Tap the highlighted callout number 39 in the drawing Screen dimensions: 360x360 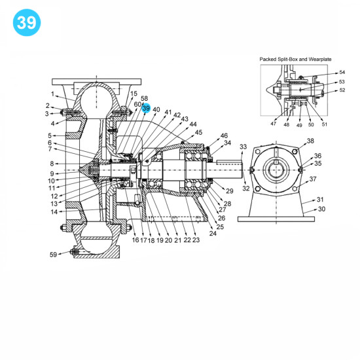(146, 108)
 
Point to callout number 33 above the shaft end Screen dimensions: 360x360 (243, 147)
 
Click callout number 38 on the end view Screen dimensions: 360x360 (310, 141)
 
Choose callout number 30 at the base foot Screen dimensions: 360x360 (321, 209)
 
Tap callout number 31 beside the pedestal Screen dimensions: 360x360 (320, 199)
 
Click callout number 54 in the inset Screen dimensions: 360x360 (342, 72)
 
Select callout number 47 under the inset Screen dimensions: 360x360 (273, 124)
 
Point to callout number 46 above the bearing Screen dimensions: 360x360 (224, 135)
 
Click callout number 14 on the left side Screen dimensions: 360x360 (54, 211)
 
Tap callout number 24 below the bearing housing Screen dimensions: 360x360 (213, 233)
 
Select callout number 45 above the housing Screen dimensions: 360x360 (199, 132)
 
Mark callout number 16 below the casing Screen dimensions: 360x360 (135, 240)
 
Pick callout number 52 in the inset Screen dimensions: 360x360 (342, 90)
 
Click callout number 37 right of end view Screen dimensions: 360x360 (313, 179)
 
